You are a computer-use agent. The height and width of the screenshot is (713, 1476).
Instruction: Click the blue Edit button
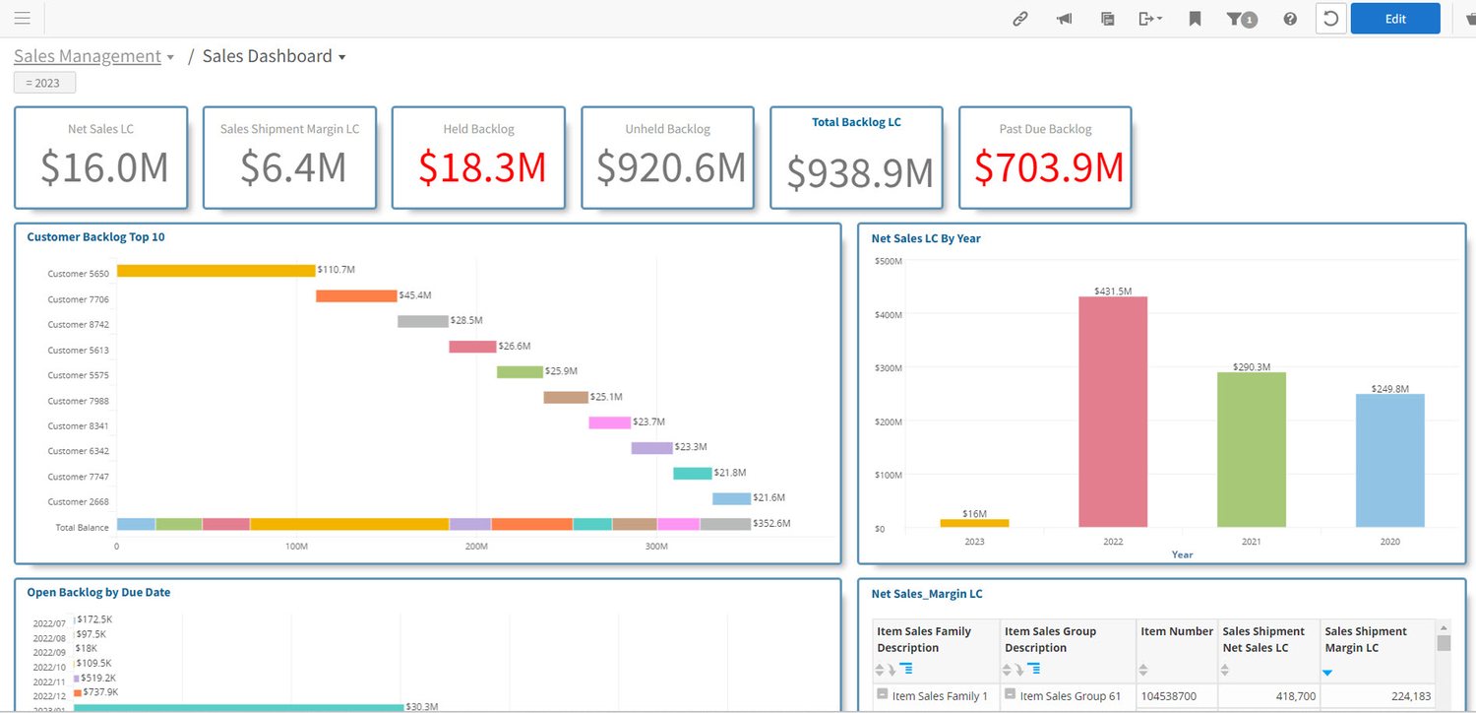(1394, 19)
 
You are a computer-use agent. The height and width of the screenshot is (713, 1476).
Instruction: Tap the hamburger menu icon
(22, 19)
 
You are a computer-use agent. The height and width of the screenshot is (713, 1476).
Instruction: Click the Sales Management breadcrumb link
(88, 56)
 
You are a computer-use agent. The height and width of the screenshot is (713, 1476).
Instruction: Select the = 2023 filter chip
(44, 83)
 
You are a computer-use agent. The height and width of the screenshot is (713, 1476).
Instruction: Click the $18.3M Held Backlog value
(481, 167)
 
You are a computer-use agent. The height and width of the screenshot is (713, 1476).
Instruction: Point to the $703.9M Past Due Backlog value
(1048, 167)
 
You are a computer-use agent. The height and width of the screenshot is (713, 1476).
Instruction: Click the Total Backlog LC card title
(856, 122)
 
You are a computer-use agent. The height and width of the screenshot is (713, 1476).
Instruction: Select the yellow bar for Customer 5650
(215, 270)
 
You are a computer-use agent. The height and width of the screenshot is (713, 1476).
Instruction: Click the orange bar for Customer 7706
(356, 295)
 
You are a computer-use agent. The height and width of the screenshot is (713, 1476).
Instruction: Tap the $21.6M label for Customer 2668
(769, 498)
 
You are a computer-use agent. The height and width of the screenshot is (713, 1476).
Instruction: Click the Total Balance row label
(82, 527)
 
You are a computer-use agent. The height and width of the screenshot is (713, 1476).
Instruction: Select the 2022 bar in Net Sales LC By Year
(1113, 412)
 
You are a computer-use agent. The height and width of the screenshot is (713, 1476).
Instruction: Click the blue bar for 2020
(1389, 460)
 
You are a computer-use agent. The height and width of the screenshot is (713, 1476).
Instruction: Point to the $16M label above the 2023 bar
(974, 513)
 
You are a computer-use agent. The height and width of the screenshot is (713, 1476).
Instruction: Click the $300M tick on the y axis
(888, 367)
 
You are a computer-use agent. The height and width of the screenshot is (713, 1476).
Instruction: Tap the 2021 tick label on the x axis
(1251, 542)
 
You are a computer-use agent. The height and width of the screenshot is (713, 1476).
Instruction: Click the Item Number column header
(1177, 631)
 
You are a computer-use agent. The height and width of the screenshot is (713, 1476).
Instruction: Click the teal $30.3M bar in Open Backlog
(238, 706)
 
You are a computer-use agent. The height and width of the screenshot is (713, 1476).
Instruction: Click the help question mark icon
(1289, 19)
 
